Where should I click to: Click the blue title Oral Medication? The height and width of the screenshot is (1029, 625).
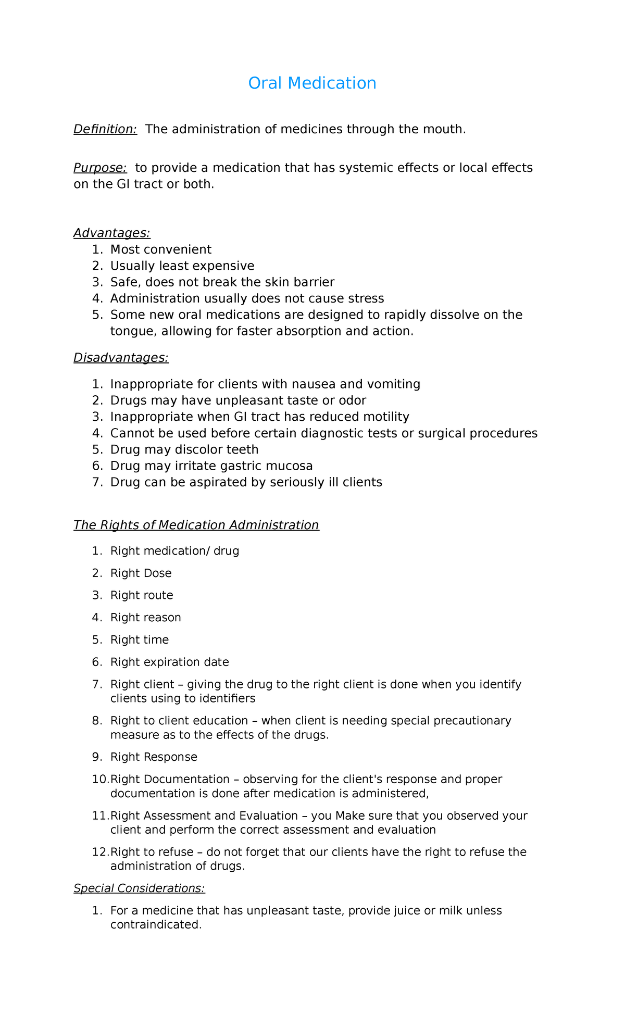[312, 83]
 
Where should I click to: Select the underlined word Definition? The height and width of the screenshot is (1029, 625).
[105, 129]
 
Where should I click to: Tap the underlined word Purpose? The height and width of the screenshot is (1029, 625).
[100, 168]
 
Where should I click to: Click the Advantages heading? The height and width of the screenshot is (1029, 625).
[111, 233]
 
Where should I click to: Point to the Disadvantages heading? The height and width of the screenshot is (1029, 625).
[121, 358]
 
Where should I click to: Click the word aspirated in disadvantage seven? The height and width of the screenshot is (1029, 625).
[248, 482]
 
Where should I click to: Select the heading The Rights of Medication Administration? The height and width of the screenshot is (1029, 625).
[196, 525]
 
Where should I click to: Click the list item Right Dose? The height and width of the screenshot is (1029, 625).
[141, 573]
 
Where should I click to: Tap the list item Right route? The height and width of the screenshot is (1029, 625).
[142, 595]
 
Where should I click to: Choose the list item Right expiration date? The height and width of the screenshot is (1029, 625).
[169, 662]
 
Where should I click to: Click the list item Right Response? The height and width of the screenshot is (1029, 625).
[154, 757]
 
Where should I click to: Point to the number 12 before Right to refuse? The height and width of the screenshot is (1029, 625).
[99, 852]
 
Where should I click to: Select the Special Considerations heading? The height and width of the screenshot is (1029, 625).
[139, 888]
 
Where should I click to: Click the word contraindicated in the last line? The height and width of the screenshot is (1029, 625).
[155, 925]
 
